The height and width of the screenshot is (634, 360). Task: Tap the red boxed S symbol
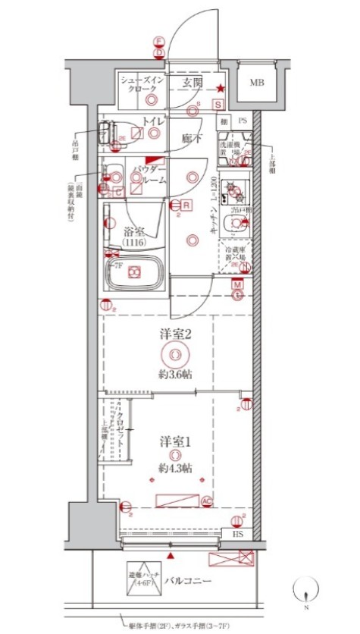coord(218,105)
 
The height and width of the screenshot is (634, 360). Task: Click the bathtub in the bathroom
coord(135,274)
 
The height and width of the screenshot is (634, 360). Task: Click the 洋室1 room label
coord(174,441)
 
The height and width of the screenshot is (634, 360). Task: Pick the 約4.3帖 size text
coord(174,467)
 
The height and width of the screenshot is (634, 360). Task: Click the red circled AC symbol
coord(206,501)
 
